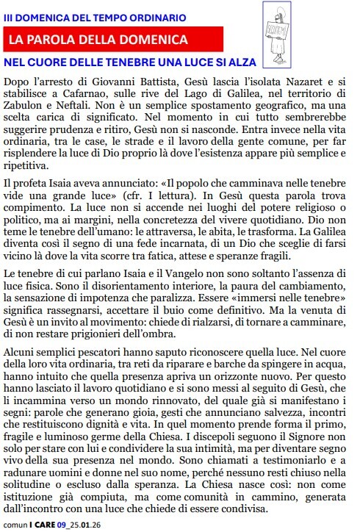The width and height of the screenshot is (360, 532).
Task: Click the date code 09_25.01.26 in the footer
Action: (80, 525)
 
